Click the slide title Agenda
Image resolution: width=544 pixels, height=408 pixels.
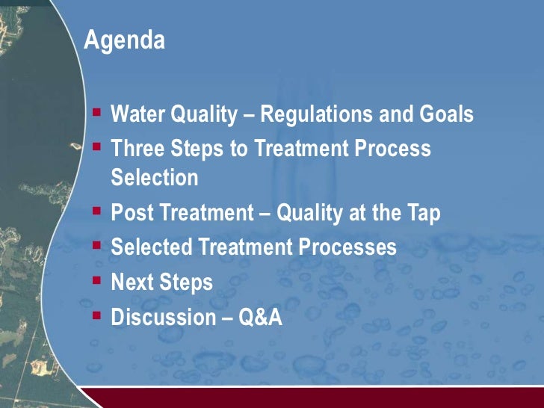124,41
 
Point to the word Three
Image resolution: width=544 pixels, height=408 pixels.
136,149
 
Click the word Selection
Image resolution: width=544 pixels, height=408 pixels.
155,178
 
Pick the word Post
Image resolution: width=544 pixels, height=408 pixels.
130,213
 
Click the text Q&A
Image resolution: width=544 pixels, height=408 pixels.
260,317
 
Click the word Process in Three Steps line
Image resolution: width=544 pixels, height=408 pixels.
392,149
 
